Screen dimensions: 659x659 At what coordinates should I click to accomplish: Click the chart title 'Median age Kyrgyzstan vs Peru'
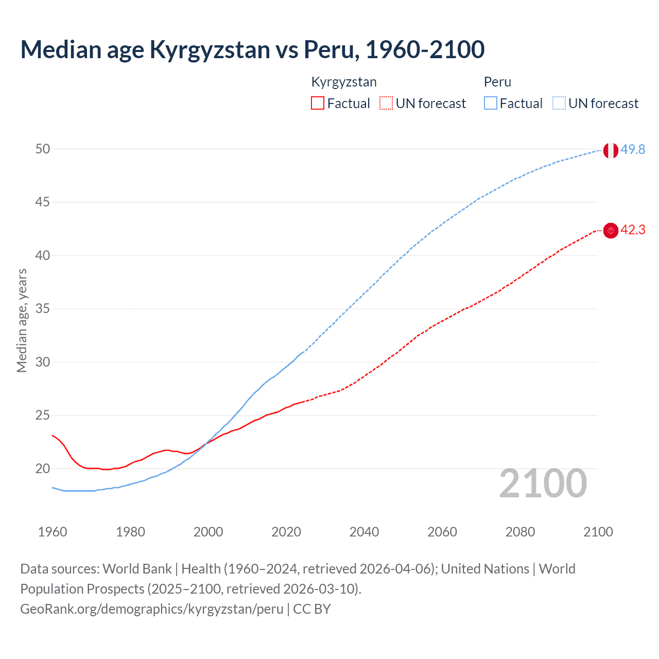pos(252,49)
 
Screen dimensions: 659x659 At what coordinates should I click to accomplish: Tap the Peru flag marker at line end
pos(611,150)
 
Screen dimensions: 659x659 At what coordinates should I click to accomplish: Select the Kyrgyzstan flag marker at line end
pos(611,231)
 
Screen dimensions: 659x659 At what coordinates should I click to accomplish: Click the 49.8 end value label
pos(633,149)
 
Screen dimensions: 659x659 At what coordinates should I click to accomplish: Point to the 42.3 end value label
pos(633,230)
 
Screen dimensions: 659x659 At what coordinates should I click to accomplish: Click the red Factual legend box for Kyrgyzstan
pos(318,103)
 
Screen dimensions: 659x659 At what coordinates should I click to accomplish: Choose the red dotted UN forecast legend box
pos(386,103)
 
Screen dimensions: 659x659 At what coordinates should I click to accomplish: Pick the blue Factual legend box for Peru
pos(491,103)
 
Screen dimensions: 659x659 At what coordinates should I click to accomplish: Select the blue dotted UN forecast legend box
pos(559,103)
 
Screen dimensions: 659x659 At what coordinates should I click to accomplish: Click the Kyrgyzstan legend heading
pos(344,82)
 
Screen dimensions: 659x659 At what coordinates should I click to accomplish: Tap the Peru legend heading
pos(497,82)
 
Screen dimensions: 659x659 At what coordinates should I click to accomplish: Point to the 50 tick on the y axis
pos(43,149)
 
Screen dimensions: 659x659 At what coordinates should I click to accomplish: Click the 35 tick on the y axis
pos(43,309)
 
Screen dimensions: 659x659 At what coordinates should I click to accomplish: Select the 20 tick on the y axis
pos(43,469)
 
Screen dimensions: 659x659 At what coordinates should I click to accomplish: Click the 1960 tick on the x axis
pos(53,532)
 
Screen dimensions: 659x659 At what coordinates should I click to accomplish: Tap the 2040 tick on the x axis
pos(364,532)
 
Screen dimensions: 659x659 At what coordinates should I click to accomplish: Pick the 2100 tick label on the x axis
pos(598,532)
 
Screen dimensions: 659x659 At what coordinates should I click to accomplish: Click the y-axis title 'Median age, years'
pos(22,320)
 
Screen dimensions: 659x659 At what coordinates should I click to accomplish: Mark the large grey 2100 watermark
pos(543,483)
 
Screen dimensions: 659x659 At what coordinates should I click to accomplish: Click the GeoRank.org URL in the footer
pos(152,609)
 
